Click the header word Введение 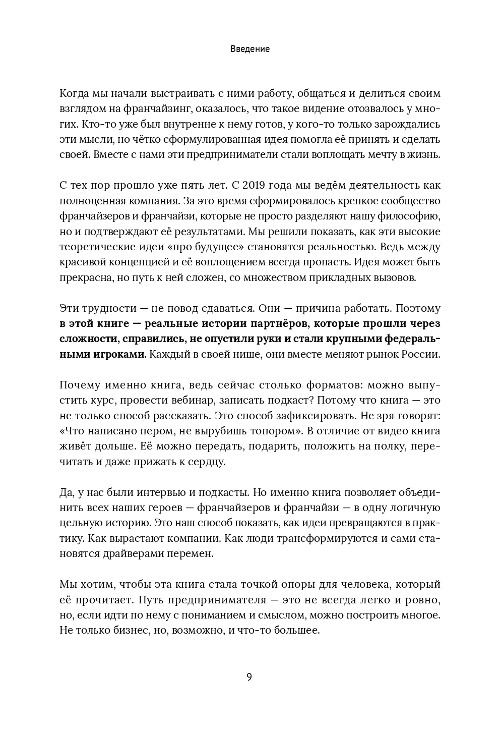[x=250, y=49]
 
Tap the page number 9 [x=249, y=677]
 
